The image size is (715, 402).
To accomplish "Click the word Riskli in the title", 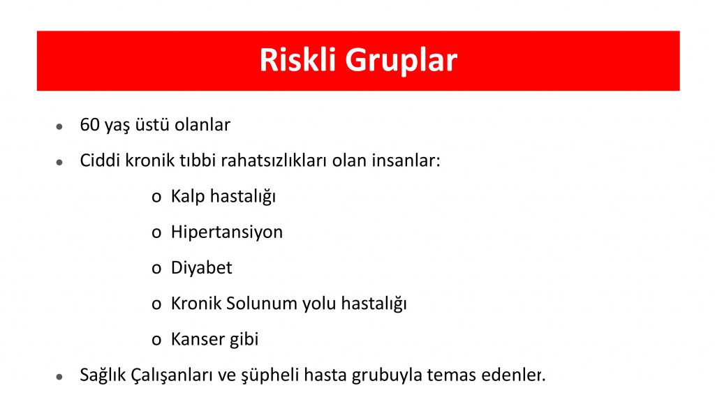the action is [x=297, y=60].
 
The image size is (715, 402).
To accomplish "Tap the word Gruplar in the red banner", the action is [x=401, y=61].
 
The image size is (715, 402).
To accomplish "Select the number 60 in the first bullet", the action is [x=89, y=124].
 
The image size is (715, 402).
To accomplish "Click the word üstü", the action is [x=153, y=124].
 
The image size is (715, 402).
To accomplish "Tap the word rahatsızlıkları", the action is [x=274, y=161].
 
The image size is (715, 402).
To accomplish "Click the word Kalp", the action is [x=188, y=197].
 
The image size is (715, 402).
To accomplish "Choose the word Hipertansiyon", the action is [x=227, y=232].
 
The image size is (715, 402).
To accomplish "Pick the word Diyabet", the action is [x=202, y=268].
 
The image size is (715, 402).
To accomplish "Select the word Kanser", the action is [x=198, y=339].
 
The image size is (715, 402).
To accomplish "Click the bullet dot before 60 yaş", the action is [x=59, y=127].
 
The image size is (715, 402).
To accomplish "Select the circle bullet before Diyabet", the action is [x=156, y=269].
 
